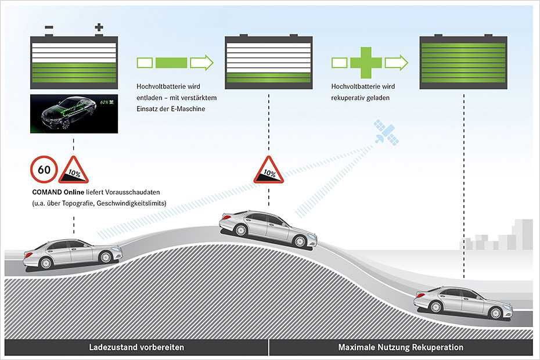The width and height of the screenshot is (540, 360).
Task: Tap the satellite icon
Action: click(386, 132)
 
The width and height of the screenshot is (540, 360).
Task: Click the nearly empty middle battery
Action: click(269, 62)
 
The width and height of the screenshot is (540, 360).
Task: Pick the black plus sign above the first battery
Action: click(99, 27)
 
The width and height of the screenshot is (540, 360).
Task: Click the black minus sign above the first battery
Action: click(49, 27)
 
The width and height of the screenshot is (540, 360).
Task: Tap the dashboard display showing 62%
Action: click(74, 113)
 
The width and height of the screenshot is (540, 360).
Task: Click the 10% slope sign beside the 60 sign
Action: click(74, 170)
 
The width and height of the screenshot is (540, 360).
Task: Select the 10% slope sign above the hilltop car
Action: click(269, 170)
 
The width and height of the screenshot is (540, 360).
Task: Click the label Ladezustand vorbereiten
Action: click(136, 347)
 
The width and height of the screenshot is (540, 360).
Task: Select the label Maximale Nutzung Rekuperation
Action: click(401, 347)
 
